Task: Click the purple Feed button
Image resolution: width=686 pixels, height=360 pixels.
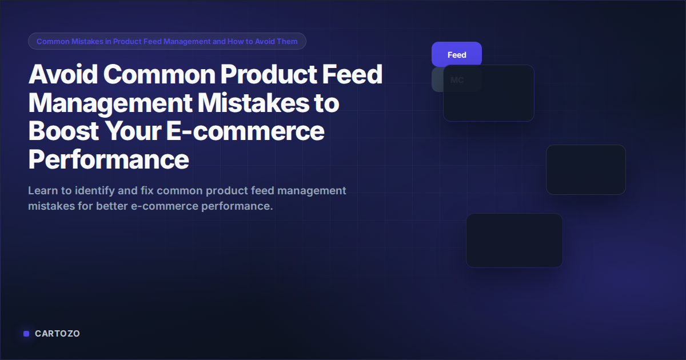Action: tap(457, 54)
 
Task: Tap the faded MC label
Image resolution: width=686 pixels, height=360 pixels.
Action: tap(457, 80)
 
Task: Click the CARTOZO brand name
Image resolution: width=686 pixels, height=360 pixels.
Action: tap(57, 333)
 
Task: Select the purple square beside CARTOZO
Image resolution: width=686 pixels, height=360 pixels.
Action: tap(26, 334)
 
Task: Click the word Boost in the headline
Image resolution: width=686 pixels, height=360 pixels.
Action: tap(63, 131)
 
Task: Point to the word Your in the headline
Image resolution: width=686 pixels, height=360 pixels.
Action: tap(133, 131)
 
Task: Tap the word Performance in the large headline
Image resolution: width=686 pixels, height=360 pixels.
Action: tap(109, 159)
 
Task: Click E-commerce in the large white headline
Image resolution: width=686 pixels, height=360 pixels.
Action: tap(245, 131)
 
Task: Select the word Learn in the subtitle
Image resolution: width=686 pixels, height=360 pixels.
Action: tap(43, 190)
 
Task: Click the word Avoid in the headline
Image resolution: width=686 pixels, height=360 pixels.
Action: tap(63, 74)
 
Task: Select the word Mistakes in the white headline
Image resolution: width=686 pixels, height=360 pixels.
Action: tap(253, 102)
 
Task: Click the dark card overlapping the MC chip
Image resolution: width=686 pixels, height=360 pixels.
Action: tap(489, 93)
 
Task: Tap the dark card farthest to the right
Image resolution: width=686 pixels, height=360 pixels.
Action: tap(586, 170)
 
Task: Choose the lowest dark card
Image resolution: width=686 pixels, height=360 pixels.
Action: tap(514, 241)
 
